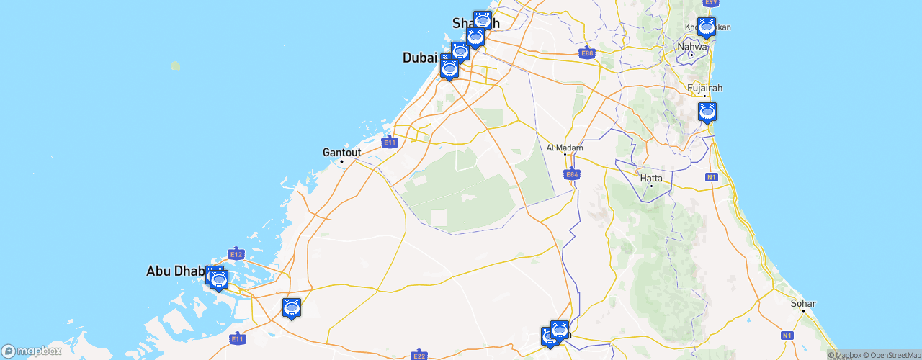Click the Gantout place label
point(341,153)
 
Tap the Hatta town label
point(651,178)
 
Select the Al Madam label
point(565,148)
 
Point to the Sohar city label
point(803,303)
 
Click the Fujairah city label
point(704,88)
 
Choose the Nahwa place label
point(691,47)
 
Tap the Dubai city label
point(420,57)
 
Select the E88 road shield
point(587,53)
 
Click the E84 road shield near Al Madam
point(572,174)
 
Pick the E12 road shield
point(236,253)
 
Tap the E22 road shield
point(419,355)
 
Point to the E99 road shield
point(711,3)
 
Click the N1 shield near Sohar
point(787,336)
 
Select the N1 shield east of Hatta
point(712,176)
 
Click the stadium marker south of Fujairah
point(707,112)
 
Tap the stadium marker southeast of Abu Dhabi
point(291,308)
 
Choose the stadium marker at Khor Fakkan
point(707,27)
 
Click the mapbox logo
point(32,351)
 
